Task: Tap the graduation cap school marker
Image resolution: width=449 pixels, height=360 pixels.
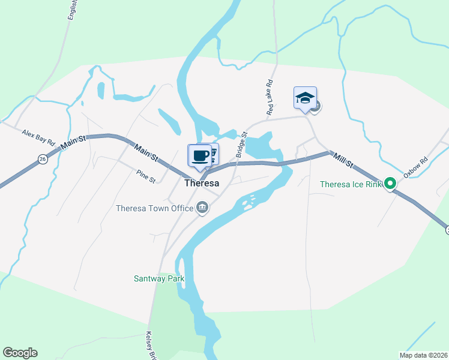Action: [305, 98]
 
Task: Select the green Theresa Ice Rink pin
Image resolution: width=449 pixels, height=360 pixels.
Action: [390, 184]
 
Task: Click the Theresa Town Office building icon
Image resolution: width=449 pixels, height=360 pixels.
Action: [202, 208]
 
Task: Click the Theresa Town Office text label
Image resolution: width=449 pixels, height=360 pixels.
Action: [154, 209]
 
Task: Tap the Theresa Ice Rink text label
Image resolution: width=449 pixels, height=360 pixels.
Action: [351, 184]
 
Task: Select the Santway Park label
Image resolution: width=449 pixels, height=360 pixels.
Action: [158, 279]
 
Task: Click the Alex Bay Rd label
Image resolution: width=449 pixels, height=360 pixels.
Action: [38, 137]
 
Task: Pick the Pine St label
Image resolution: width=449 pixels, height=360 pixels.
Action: [145, 176]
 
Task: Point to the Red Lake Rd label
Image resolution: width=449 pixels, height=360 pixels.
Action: [270, 98]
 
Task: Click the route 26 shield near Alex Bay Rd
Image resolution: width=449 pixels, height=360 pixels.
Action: [41, 159]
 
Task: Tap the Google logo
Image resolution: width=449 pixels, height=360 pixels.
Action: [20, 353]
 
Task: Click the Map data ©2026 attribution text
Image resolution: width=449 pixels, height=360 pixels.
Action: [423, 355]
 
